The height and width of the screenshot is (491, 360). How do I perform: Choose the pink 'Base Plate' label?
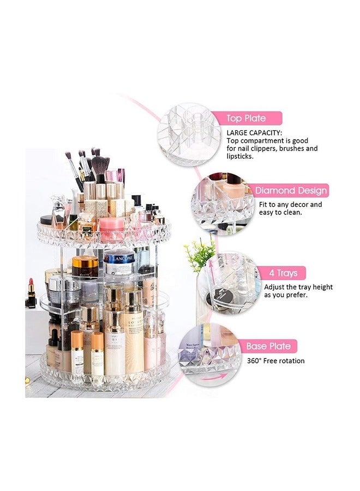pos(271,346)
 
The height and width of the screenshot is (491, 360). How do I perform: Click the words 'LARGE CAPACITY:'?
pos(254,133)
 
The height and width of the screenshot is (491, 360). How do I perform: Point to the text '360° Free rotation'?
pos(276,361)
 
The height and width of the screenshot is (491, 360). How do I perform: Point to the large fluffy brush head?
pos(100,164)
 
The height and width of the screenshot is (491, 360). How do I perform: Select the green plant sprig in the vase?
pos(200,254)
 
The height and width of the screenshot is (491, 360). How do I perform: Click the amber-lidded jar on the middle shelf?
pos(86,267)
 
